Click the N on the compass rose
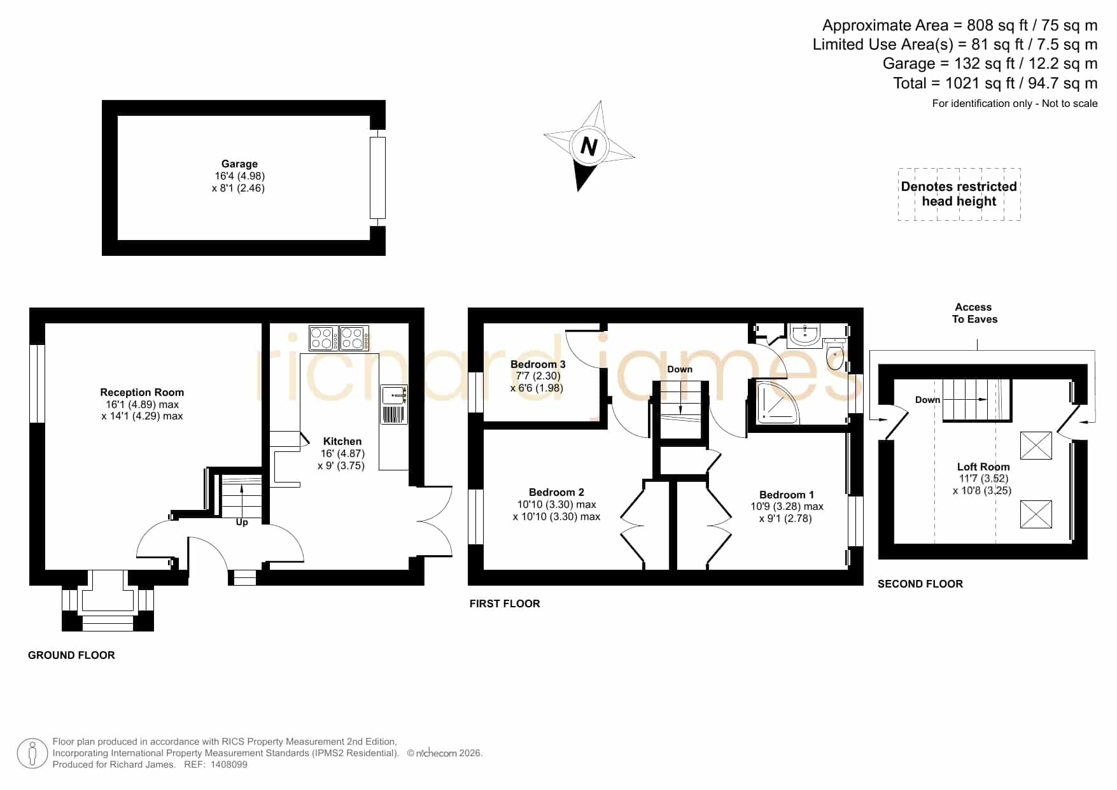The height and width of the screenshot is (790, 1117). [x=589, y=147]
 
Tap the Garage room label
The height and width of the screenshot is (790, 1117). [x=239, y=164]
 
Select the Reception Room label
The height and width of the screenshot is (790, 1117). [x=142, y=392]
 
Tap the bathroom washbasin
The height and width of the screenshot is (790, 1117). [x=804, y=334]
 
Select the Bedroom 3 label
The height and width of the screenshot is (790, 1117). [x=538, y=364]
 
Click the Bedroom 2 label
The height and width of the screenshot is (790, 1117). [x=556, y=492]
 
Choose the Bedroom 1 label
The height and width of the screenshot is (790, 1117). [x=787, y=495]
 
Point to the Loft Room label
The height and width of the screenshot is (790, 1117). [x=983, y=467]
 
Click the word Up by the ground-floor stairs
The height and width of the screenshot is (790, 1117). [x=242, y=522]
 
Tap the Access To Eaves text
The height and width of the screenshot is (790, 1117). [x=974, y=313]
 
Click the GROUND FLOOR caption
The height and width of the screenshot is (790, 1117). [x=71, y=655]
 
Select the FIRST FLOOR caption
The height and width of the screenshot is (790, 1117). [x=505, y=603]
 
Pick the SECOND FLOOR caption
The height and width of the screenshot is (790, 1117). [x=920, y=584]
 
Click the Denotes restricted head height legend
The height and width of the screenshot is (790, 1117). [x=959, y=194]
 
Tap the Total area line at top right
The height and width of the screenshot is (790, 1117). [x=995, y=83]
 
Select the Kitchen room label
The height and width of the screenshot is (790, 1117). [x=342, y=441]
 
